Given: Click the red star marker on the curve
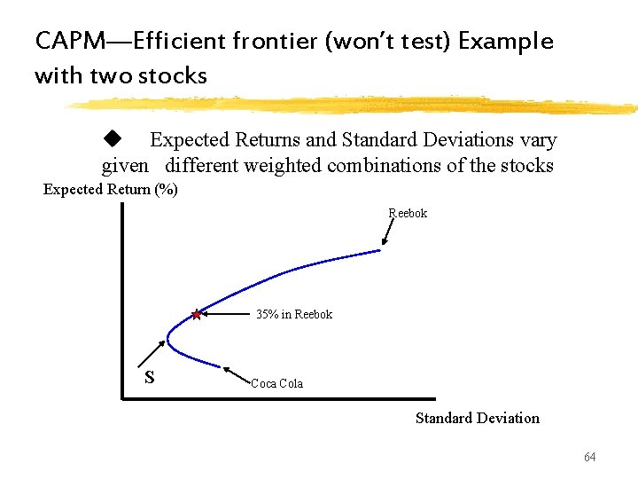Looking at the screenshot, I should (196, 314).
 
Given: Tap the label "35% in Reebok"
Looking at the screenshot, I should (294, 315).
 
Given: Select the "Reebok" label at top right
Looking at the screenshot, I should (408, 213).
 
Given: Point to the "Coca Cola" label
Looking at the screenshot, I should (276, 384).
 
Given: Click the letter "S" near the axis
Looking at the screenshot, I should (150, 377).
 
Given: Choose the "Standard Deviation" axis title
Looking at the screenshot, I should (477, 418).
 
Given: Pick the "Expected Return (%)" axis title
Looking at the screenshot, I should (111, 189).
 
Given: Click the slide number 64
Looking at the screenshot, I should (590, 457).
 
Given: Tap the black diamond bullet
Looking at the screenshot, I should (112, 138).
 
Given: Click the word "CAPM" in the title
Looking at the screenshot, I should (64, 42).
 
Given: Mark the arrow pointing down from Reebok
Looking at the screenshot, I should (388, 232).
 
